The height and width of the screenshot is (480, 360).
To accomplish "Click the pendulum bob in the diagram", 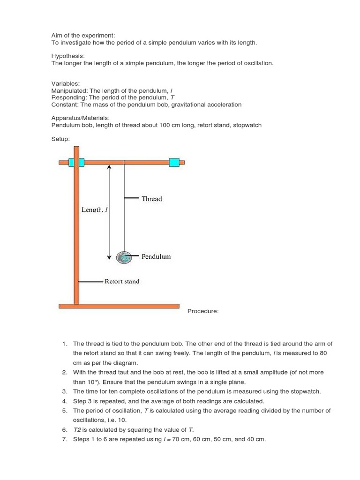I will [125, 257].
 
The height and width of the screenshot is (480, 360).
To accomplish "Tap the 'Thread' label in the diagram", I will [151, 199].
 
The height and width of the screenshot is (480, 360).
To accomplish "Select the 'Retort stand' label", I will [121, 282].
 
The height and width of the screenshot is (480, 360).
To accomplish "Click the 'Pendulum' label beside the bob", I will [156, 257].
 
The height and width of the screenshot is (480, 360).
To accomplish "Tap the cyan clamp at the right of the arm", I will [174, 162].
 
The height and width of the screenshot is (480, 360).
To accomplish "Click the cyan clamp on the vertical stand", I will [76, 162].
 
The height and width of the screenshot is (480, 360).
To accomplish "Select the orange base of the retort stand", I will [119, 306].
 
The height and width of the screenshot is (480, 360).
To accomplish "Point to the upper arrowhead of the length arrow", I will [109, 167].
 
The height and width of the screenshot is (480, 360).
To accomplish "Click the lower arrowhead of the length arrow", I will [109, 256].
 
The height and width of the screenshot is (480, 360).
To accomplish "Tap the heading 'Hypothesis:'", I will [68, 56].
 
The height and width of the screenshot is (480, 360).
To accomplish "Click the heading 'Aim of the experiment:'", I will [83, 35].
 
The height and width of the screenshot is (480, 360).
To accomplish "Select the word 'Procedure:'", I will [203, 311].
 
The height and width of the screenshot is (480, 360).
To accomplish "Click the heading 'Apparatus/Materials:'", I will [80, 118].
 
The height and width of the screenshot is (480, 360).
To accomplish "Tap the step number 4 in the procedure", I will [64, 401].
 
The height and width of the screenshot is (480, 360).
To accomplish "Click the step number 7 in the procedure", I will [64, 439].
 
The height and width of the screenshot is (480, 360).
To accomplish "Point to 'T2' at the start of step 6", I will [77, 430].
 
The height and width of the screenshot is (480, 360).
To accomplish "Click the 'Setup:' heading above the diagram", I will [60, 139].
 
